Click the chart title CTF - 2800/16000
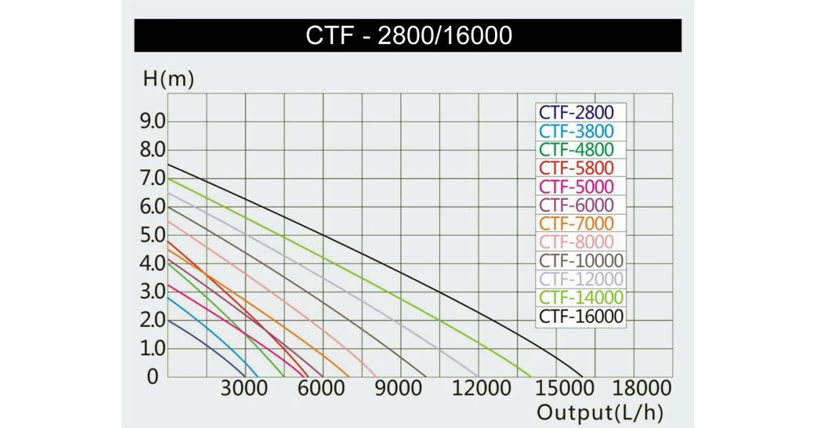[408, 35]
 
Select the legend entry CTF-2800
[576, 113]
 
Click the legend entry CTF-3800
[576, 131]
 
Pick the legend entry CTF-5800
[576, 168]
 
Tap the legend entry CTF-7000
[576, 224]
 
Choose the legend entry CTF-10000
[581, 261]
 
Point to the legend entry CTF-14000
[581, 298]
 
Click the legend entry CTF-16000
[581, 316]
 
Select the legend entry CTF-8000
[576, 242]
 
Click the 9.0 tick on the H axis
[153, 122]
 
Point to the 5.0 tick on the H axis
[153, 235]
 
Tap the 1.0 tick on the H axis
[153, 349]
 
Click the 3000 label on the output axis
[245, 389]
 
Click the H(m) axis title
[169, 79]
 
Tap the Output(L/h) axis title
[600, 412]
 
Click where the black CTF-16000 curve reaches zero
[583, 376]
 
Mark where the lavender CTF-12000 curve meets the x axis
[478, 376]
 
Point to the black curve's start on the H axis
[168, 164]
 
